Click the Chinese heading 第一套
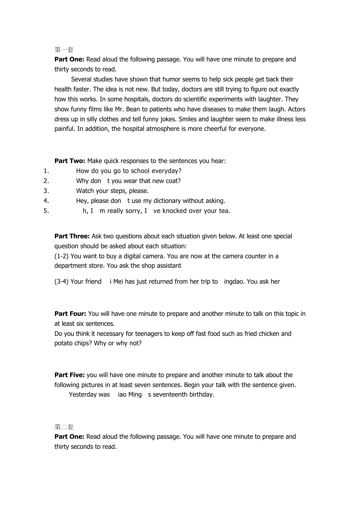tap(64, 50)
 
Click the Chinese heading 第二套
tap(64, 427)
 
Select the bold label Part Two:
tap(70, 161)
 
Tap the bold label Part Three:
tap(72, 236)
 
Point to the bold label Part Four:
tap(70, 314)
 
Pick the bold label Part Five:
tap(69, 375)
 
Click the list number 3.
tap(46, 191)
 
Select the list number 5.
tap(46, 211)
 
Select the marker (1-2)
tap(61, 256)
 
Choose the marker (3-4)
tap(61, 281)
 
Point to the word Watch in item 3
tap(85, 191)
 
